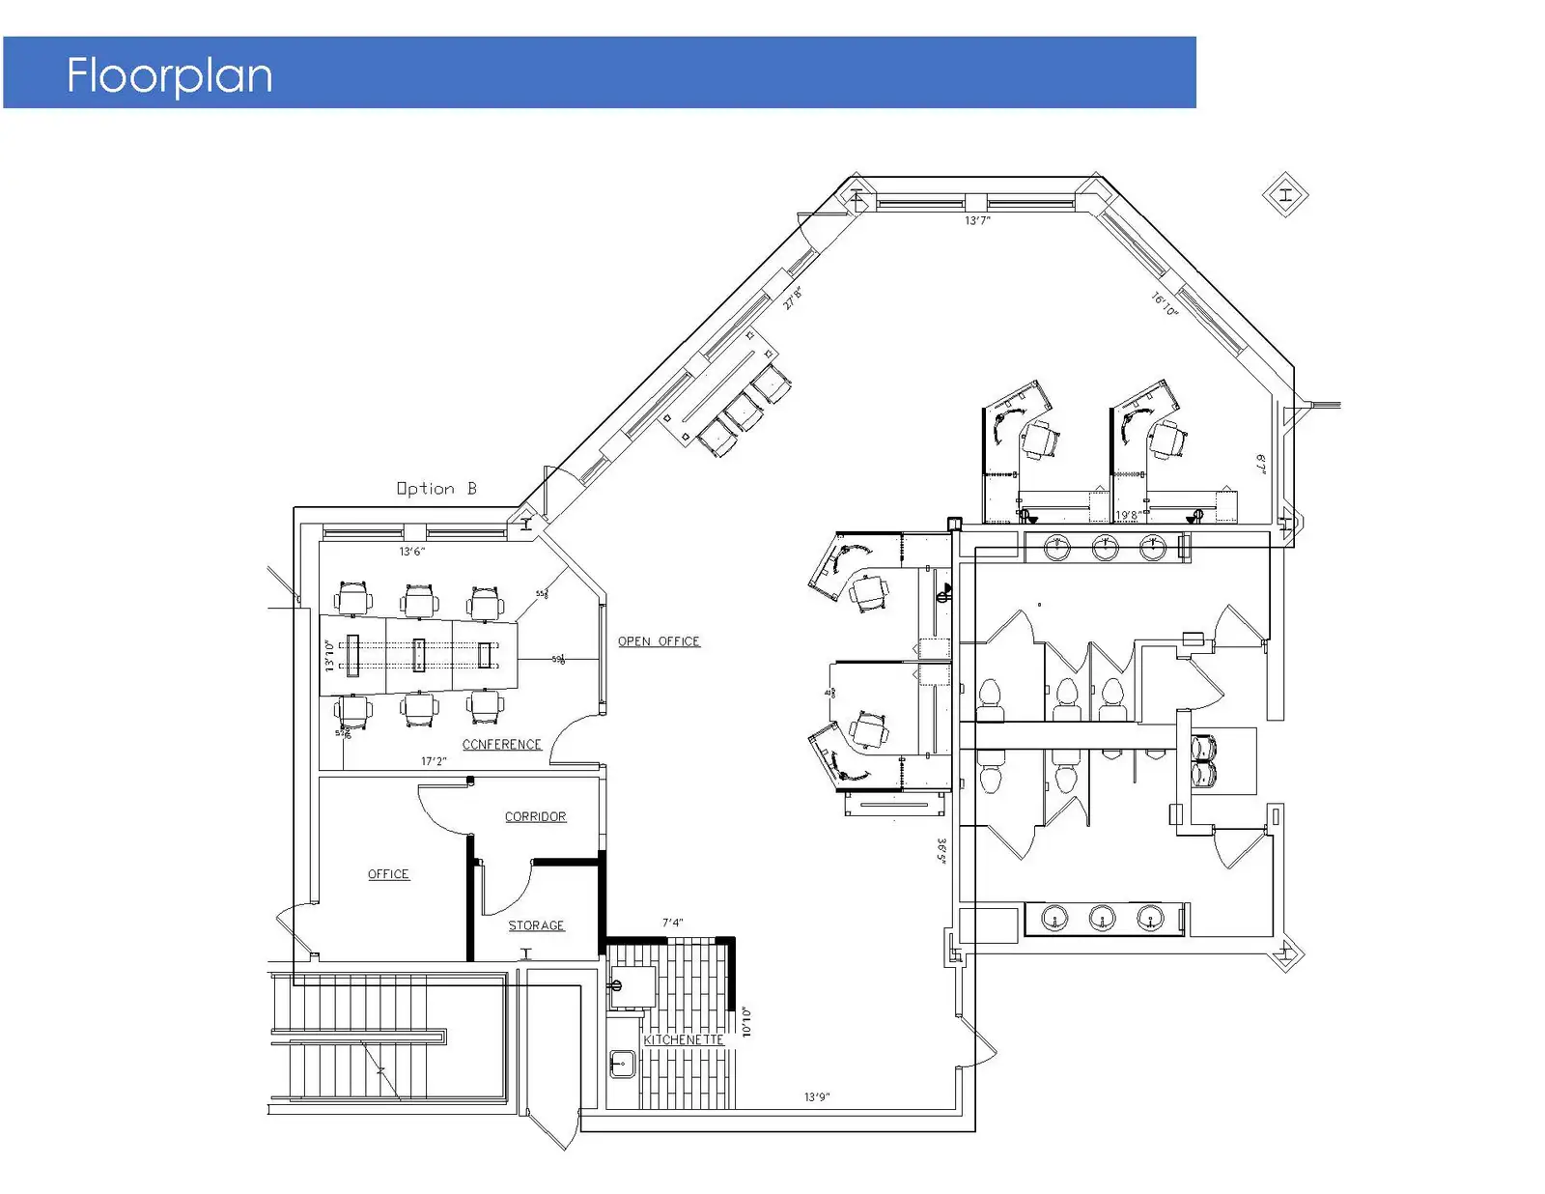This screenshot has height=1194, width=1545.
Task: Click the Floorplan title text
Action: (169, 75)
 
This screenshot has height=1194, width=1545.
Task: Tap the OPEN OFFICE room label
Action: (659, 641)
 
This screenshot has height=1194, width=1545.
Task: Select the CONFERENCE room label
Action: (501, 745)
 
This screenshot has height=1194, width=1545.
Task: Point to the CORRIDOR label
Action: (535, 817)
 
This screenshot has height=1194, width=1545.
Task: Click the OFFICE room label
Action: (388, 874)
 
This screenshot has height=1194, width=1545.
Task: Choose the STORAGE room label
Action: (536, 925)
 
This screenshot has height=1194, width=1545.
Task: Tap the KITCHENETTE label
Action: (684, 1040)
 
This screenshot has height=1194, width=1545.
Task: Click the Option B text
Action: (436, 489)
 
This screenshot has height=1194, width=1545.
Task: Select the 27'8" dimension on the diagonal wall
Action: (793, 298)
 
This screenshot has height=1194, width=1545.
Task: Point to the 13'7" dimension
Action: (977, 221)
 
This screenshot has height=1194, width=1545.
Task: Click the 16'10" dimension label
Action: (1165, 304)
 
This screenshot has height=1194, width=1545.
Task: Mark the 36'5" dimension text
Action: (941, 851)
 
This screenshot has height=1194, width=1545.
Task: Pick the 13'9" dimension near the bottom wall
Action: (817, 1097)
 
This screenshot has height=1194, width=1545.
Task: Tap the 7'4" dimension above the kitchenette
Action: (672, 924)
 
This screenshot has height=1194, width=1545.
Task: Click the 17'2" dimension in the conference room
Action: (434, 761)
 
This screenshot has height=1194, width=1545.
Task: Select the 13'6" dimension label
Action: (412, 552)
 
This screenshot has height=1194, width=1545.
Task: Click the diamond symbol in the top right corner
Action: (1285, 195)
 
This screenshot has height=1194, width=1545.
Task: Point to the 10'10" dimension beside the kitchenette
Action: (745, 1021)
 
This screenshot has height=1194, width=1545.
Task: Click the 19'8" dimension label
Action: (1127, 516)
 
